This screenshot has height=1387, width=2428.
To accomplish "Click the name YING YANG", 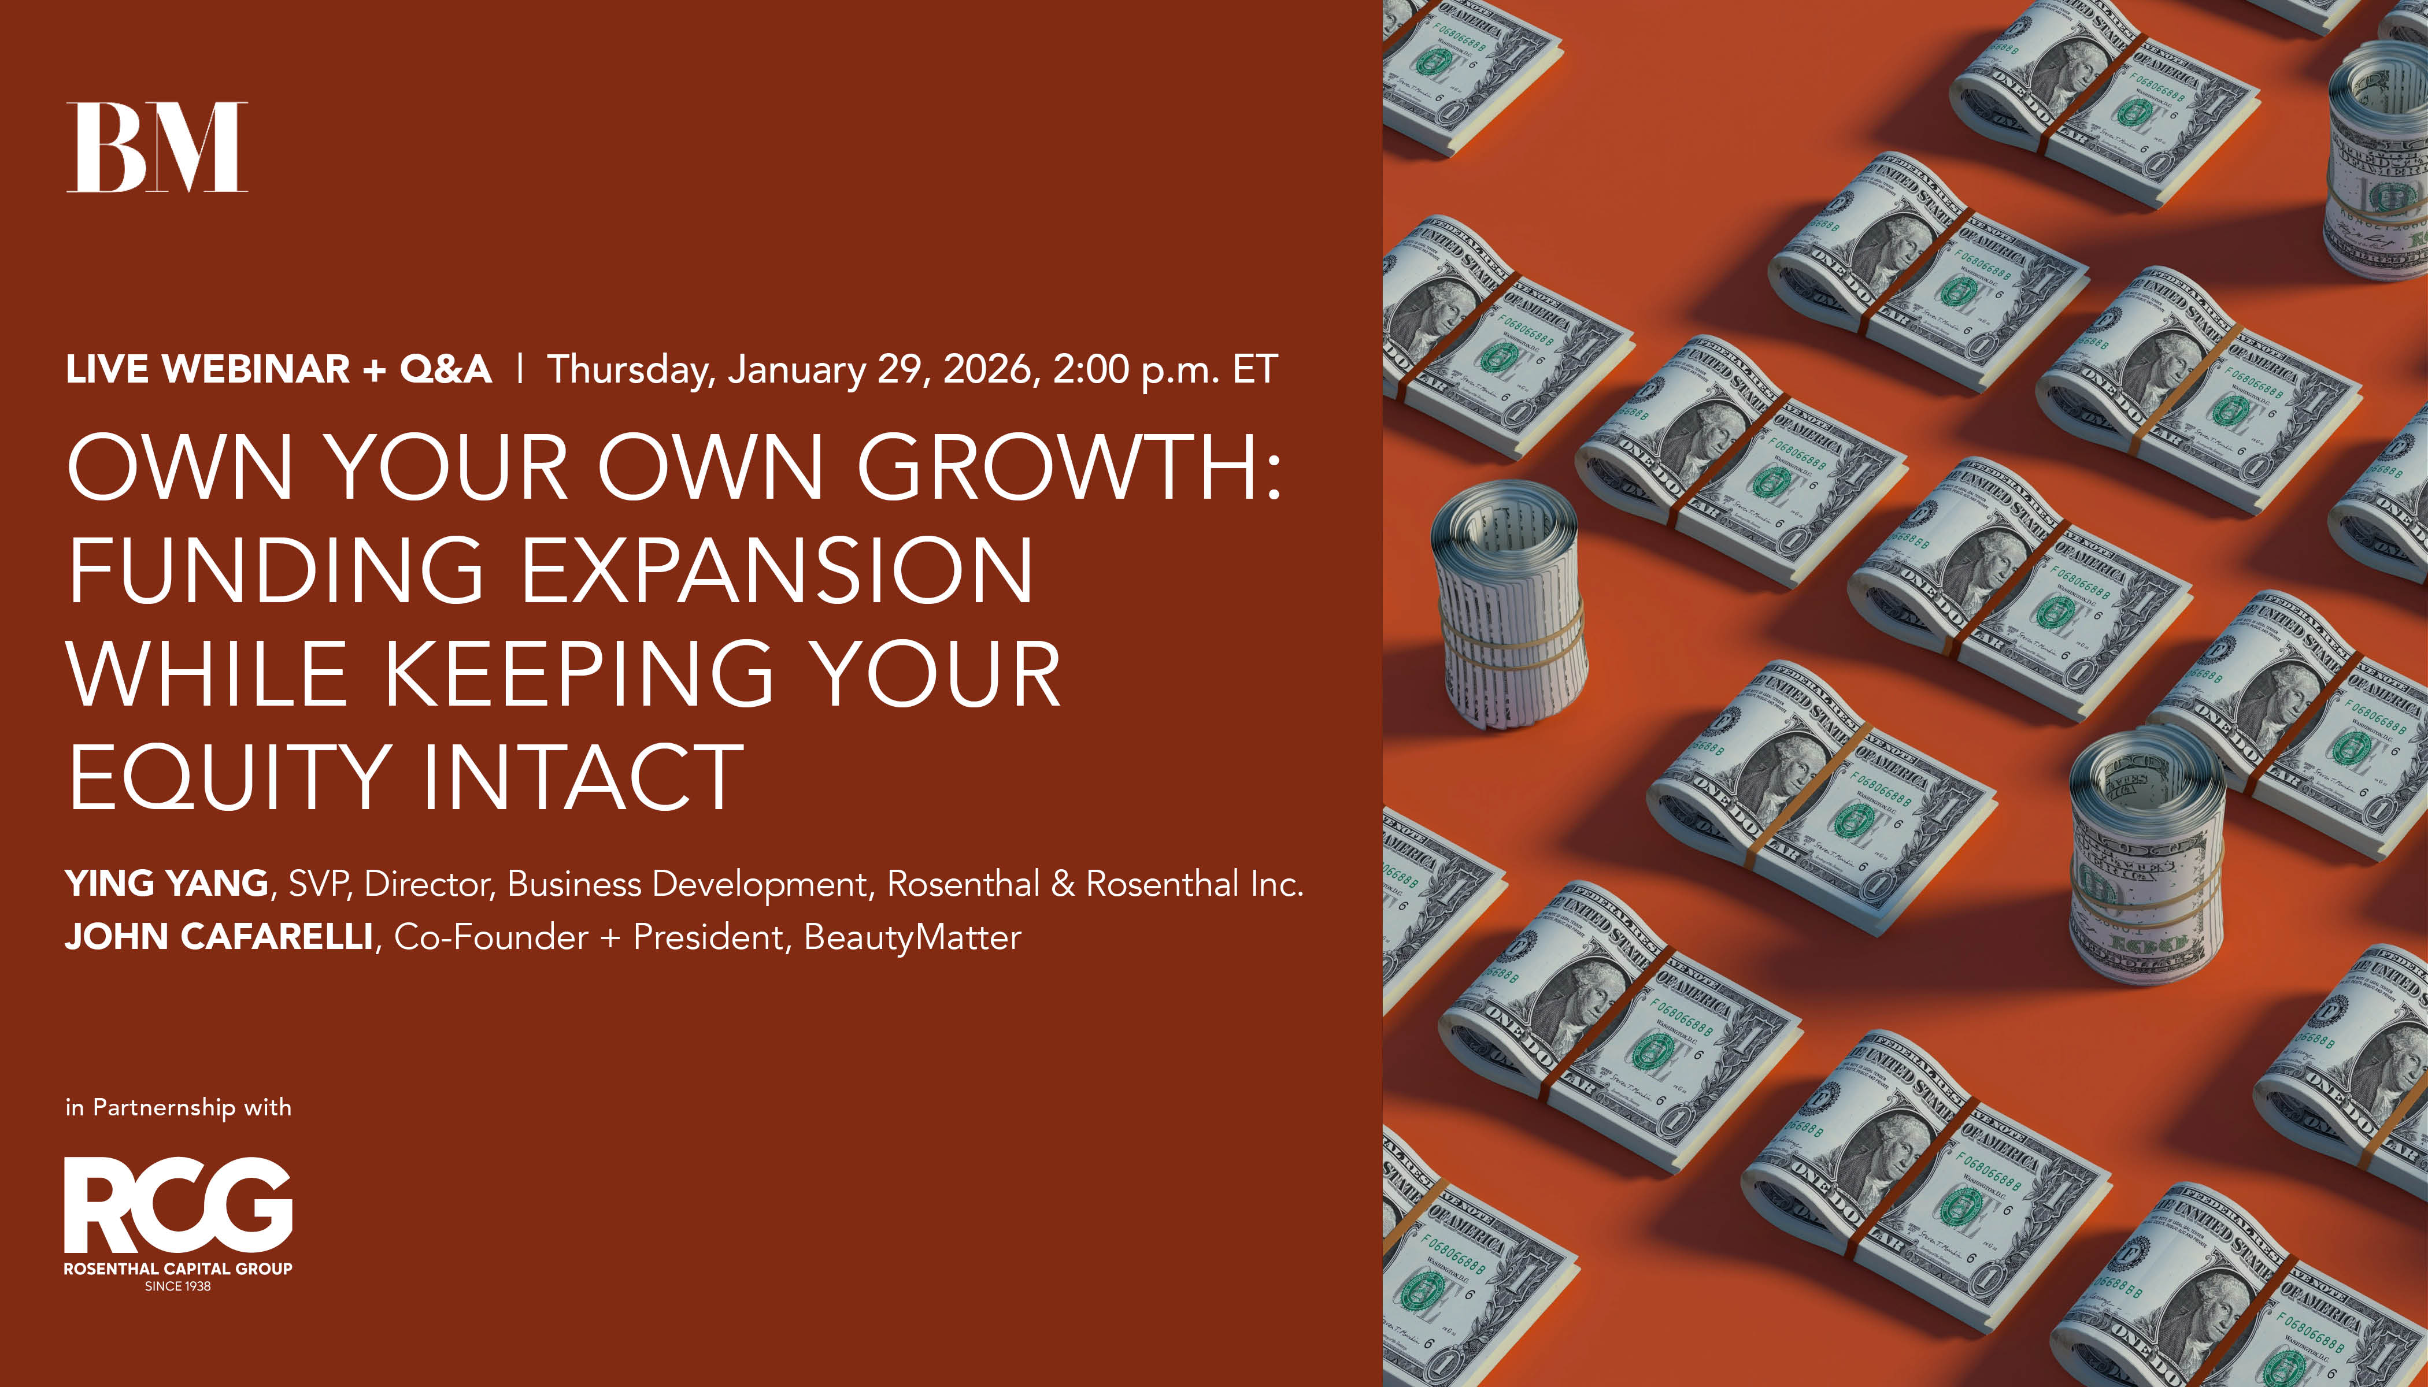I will click(166, 884).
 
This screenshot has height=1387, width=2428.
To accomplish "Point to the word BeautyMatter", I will click(912, 937).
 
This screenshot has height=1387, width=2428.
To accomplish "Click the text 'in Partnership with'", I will click(178, 1107).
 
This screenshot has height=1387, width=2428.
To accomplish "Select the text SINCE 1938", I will click(178, 1286).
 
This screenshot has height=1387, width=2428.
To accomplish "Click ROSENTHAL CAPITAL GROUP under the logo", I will click(178, 1269).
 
